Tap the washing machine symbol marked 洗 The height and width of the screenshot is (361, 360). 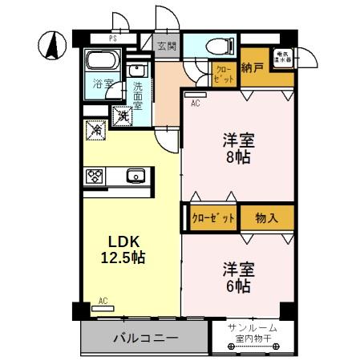[x=122, y=116]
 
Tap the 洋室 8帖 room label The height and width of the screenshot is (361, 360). [x=237, y=149]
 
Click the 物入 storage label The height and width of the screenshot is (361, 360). [x=267, y=217]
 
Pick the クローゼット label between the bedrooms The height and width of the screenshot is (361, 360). [x=214, y=217]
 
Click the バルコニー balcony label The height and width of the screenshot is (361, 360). [x=145, y=338]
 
